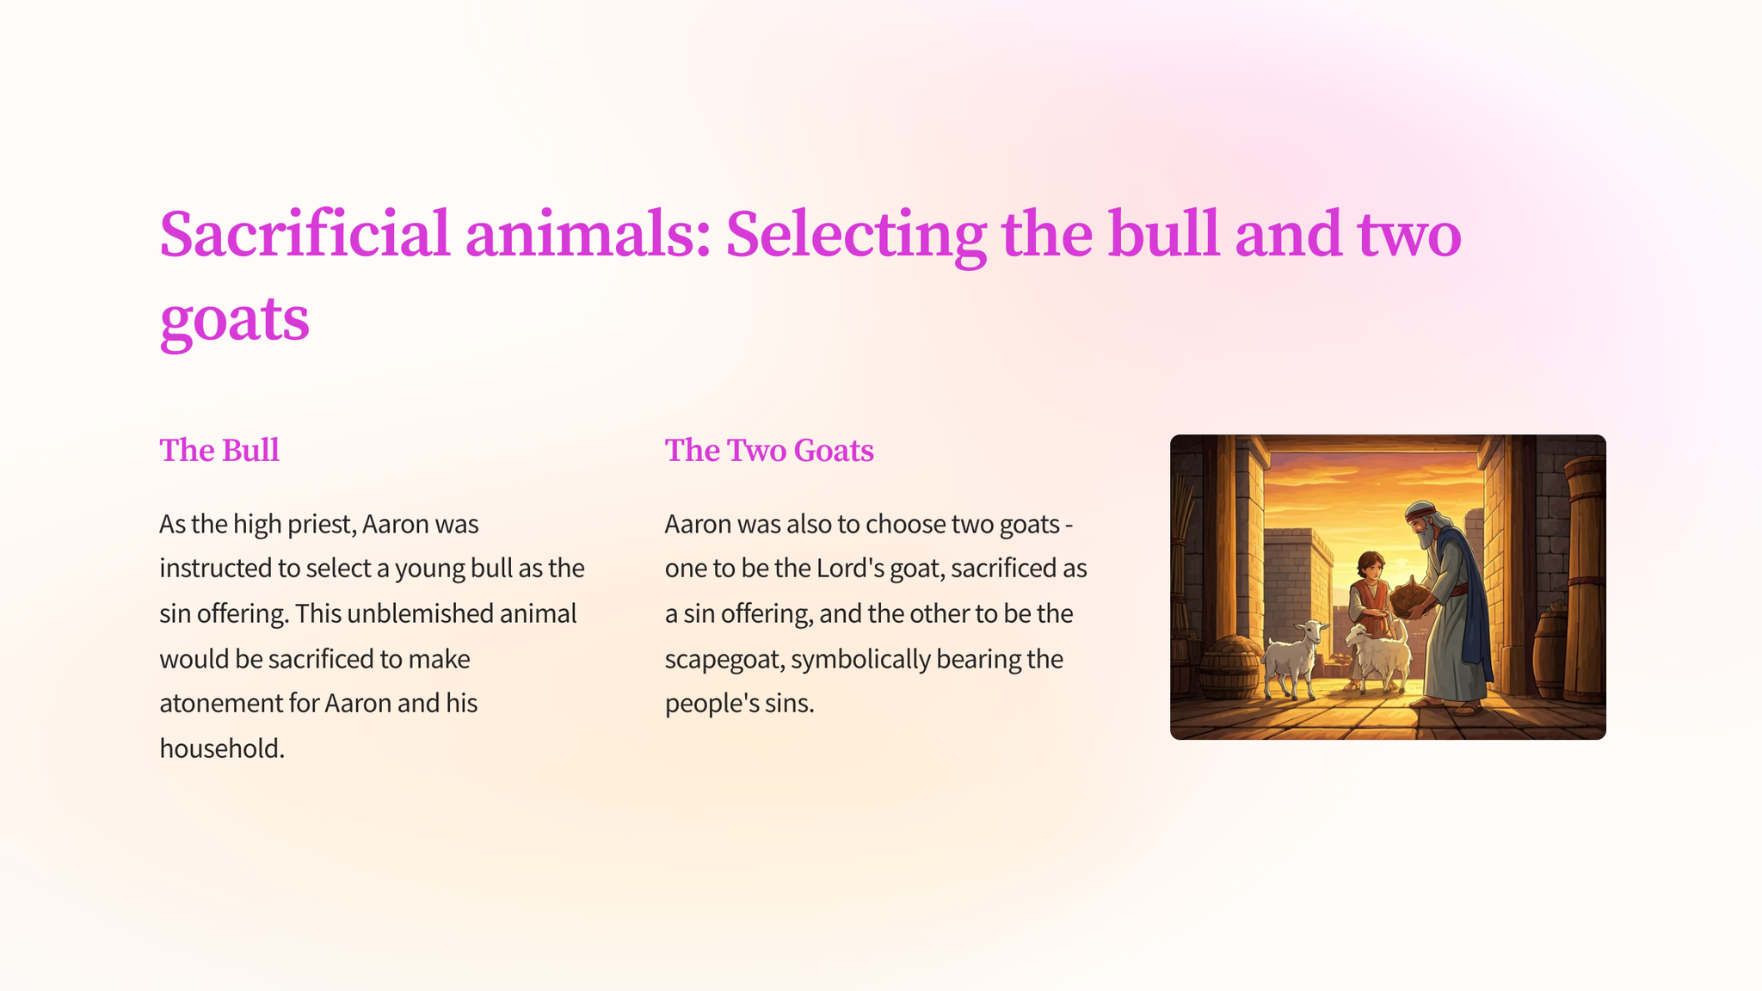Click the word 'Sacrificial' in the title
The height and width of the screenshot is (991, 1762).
click(305, 234)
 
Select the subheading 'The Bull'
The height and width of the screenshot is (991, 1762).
click(219, 450)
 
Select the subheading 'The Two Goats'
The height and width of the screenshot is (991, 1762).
click(769, 450)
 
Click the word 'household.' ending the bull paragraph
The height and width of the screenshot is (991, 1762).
click(222, 748)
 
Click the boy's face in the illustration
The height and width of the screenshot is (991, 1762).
click(1370, 569)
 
